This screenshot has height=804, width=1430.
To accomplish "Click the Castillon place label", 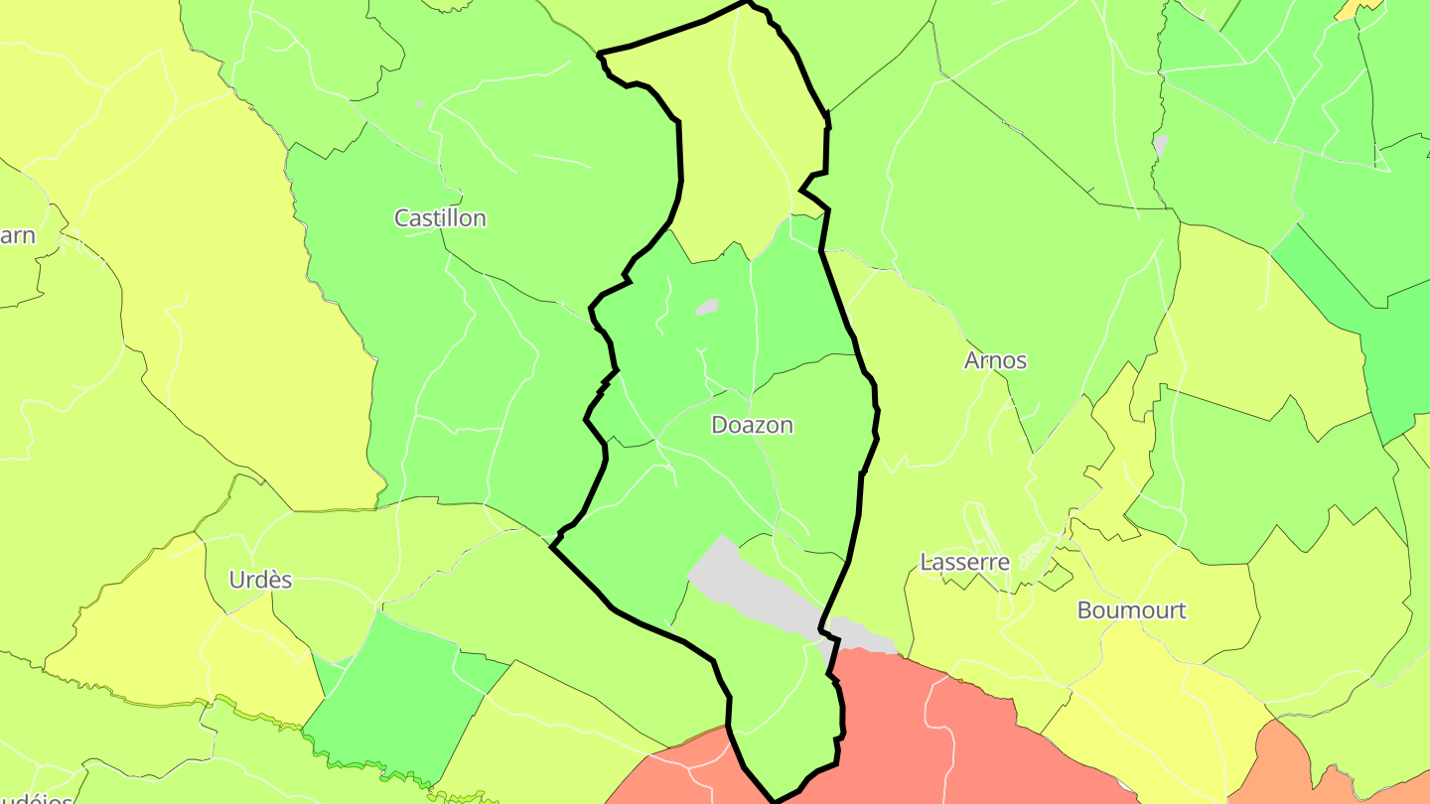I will pos(440,217).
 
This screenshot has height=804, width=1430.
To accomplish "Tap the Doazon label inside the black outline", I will pos(752,425).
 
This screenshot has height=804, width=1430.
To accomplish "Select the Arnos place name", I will pos(995,360).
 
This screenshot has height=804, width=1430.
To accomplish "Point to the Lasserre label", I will pos(964,562).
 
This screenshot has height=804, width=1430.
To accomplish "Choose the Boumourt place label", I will pos(1131,609).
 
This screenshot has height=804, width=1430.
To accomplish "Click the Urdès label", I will pos(260,580).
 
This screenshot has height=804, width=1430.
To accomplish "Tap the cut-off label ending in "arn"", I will pos(18,235).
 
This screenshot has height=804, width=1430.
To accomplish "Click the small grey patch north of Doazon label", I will pos(706,307).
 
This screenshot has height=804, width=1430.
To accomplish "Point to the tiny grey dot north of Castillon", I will pos(419,103).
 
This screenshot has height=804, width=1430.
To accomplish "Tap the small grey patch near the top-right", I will pos(1160,145).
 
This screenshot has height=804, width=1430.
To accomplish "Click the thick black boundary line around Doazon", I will pos(681,159).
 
